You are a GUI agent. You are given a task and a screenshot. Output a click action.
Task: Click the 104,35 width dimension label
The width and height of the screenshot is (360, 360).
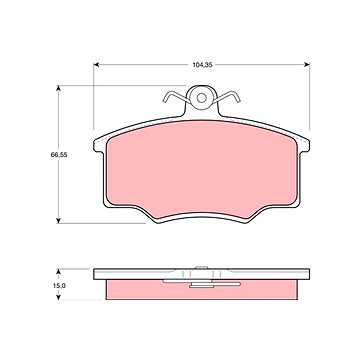click(x=202, y=65)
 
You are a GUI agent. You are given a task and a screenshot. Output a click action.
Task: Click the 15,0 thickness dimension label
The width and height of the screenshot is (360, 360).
click(x=59, y=286)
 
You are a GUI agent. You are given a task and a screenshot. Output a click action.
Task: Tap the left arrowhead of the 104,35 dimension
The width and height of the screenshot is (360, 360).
click(x=96, y=64)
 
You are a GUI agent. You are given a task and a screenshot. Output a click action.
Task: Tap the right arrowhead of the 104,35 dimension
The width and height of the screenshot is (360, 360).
click(x=307, y=64)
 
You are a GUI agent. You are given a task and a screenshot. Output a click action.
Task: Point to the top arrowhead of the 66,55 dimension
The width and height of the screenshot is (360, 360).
click(x=58, y=88)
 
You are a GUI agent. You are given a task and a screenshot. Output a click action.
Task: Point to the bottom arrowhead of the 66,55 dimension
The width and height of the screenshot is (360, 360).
click(x=58, y=220)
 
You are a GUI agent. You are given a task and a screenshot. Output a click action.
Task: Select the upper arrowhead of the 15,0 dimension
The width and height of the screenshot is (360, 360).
click(x=58, y=272)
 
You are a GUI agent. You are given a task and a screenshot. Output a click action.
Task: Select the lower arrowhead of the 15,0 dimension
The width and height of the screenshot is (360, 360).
click(x=58, y=297)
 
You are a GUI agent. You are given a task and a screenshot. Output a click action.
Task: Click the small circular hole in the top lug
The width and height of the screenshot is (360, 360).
click(x=201, y=98)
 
